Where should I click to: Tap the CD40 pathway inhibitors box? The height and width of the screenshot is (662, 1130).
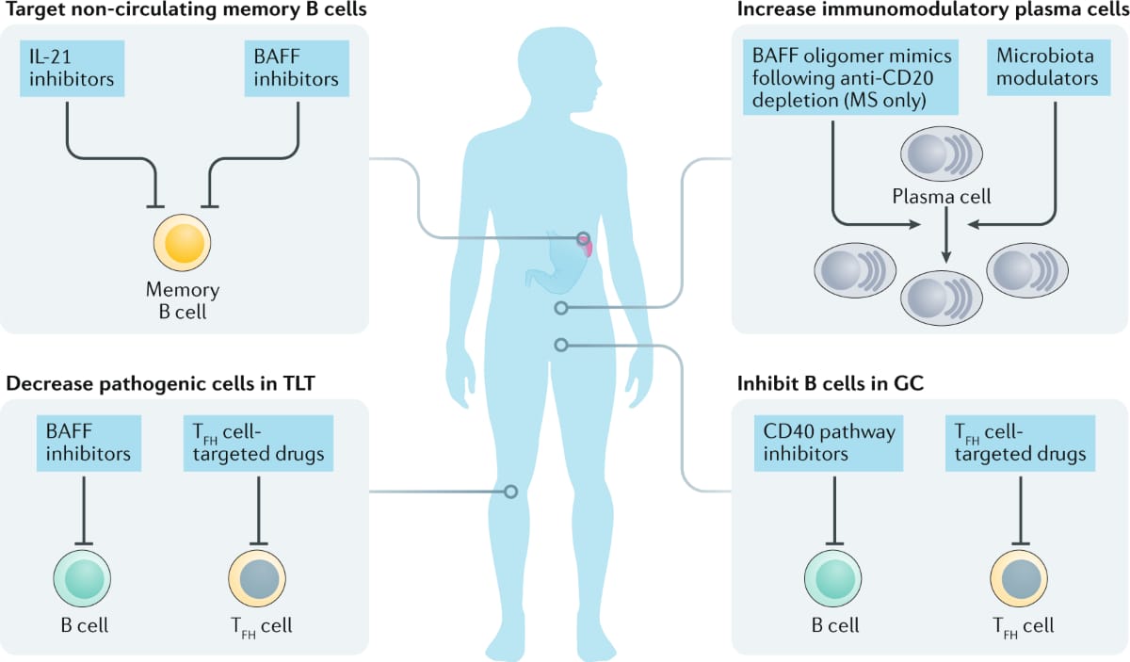click(828, 443)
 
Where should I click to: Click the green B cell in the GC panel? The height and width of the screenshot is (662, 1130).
click(834, 577)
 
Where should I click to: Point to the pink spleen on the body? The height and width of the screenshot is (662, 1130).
click(589, 249)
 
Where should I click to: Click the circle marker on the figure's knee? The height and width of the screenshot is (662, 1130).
click(510, 491)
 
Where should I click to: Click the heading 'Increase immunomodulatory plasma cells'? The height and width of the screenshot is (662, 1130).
click(931, 11)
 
